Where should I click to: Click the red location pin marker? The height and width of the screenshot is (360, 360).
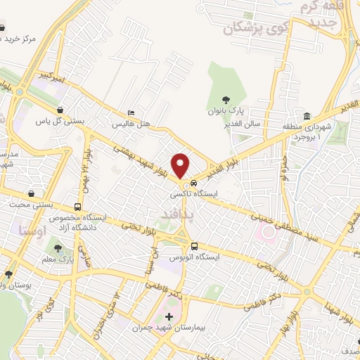tap(181, 165)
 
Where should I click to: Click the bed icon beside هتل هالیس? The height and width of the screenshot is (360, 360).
tap(131, 112)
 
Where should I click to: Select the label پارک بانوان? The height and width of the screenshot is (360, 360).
tap(225, 110)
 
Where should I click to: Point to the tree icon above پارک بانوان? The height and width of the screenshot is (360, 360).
tap(225, 100)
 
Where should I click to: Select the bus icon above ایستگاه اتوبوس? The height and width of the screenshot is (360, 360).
tap(194, 245)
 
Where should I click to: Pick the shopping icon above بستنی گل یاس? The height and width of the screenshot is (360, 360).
tap(62, 110)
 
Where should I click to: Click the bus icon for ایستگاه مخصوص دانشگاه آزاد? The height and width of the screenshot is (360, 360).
tap(77, 207)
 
